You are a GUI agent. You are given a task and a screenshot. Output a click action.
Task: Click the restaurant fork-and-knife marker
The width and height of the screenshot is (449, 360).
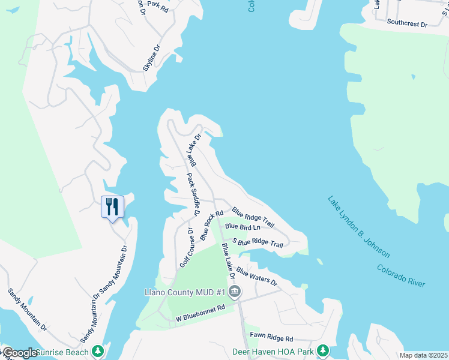112,207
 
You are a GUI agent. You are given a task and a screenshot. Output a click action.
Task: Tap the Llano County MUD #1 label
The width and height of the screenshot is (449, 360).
184,292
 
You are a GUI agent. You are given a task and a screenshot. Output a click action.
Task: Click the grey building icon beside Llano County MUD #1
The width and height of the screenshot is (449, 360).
235,292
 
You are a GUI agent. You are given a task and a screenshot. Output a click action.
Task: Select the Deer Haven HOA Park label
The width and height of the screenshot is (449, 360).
274,350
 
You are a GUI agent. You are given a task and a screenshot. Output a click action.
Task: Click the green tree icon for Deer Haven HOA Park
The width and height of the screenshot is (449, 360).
323,350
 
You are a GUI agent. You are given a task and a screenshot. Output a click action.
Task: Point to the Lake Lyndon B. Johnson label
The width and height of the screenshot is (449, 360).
359,227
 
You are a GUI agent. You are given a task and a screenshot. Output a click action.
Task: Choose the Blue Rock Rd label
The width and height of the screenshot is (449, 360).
212,225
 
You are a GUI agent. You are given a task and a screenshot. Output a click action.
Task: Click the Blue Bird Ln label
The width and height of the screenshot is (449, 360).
243,227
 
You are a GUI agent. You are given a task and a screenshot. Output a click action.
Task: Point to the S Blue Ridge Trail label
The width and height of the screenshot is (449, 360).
259,242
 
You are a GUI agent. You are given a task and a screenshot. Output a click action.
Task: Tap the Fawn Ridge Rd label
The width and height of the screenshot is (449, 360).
273,339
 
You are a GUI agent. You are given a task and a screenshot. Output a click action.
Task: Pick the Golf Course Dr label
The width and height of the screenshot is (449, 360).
185,247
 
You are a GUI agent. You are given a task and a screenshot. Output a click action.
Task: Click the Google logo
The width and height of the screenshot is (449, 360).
19,353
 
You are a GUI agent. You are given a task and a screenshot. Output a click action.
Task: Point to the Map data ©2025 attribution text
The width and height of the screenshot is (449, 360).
423,355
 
